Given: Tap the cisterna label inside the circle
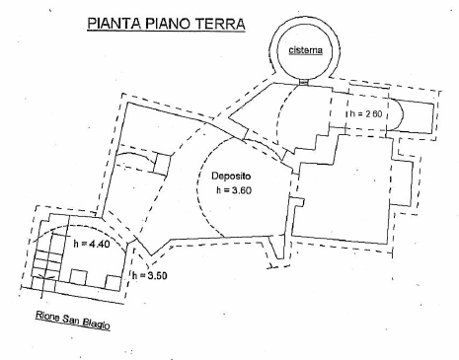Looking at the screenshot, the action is pyautogui.click(x=305, y=50).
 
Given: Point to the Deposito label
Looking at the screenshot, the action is pyautogui.click(x=231, y=177).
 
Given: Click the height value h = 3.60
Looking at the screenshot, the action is pyautogui.click(x=234, y=190).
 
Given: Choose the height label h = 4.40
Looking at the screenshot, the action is pyautogui.click(x=92, y=244).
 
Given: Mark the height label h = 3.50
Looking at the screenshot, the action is pyautogui.click(x=150, y=275).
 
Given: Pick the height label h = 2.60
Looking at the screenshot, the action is pyautogui.click(x=366, y=113).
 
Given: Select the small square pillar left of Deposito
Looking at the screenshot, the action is pyautogui.click(x=163, y=163).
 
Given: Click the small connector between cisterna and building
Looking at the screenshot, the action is pyautogui.click(x=304, y=81).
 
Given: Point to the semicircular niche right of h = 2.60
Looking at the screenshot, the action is pyautogui.click(x=396, y=114).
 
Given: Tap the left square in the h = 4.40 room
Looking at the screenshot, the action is pyautogui.click(x=79, y=277).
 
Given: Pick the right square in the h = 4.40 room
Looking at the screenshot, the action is pyautogui.click(x=113, y=283).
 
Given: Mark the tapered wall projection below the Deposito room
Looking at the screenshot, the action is pyautogui.click(x=276, y=248).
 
